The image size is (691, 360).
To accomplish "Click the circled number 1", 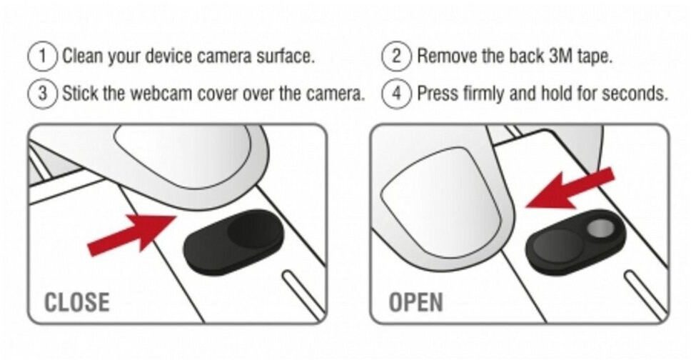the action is point(43,56).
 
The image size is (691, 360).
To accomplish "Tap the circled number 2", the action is point(397,56).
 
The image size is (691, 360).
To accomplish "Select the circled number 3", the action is point(43,94).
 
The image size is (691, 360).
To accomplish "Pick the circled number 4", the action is point(397,94).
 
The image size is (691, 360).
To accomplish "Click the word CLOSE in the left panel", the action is point(77,302).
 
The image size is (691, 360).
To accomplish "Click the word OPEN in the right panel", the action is point(415,302).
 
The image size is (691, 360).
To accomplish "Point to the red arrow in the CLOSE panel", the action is point(132,234).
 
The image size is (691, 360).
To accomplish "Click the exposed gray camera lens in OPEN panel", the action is point(600,228).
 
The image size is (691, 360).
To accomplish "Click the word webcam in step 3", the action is point(163,94).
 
